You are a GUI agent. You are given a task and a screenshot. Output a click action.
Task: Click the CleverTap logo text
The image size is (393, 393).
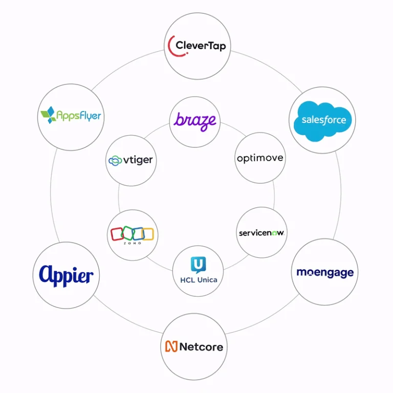tap(201, 46)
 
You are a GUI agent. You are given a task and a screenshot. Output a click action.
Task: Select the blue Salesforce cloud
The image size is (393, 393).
tap(322, 121)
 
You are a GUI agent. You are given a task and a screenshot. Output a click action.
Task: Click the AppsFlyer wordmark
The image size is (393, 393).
tap(79, 116)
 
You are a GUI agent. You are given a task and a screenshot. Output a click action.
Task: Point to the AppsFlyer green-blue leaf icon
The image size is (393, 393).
tap(49, 115)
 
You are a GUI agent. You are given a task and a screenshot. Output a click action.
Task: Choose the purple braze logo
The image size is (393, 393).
tap(195, 122)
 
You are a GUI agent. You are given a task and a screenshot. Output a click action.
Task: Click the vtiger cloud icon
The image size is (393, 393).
tap(115, 161)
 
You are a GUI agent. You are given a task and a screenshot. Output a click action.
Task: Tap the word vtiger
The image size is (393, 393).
tap(138, 160)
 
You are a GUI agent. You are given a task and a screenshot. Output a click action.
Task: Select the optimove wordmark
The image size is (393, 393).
tap(260, 159)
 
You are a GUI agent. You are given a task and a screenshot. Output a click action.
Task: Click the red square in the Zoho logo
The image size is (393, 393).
tap(117, 234)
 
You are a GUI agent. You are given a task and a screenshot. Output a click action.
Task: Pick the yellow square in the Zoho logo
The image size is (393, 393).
tap(148, 234)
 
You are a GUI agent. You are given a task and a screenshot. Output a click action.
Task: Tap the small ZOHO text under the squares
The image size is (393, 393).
tap(133, 243)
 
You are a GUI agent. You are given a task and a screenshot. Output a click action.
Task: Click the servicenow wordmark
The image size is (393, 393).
tap(261, 233)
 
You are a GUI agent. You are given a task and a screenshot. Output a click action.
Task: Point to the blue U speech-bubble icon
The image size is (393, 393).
tap(198, 265)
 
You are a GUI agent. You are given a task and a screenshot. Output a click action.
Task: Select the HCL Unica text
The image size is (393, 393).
tap(199, 280)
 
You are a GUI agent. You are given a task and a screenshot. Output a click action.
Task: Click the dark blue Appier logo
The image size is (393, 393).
tap(66, 276)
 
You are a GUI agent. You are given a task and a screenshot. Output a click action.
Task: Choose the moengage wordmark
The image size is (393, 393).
tap(325, 273)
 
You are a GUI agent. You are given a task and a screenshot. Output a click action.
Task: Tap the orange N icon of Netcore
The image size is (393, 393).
tap(171, 346)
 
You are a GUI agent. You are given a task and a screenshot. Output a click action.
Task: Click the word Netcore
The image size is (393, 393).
tap(201, 347)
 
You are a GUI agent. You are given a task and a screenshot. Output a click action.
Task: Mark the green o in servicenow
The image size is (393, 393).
tap(274, 233)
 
